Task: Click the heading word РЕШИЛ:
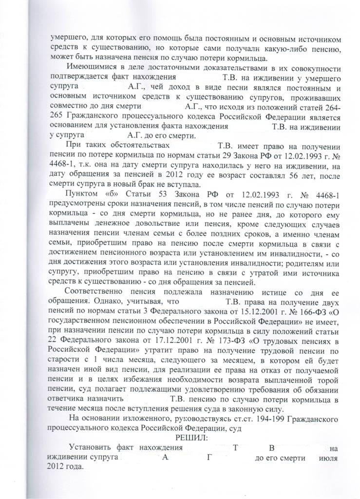[x=189, y=438]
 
